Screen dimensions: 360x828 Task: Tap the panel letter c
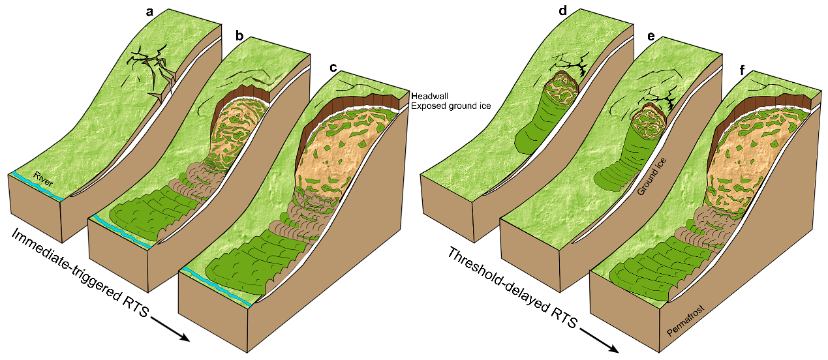coord(334,67)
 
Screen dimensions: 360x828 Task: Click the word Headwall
coord(428,95)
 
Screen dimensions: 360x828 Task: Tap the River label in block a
coord(43,179)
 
